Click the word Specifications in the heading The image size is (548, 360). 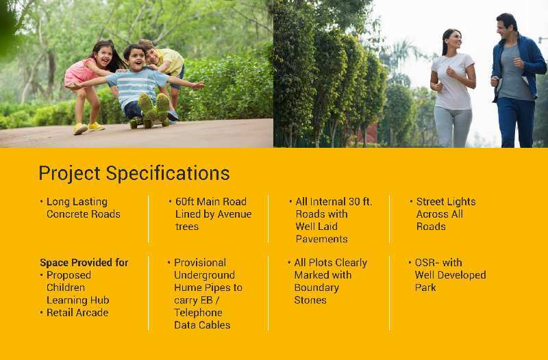pos(168,173)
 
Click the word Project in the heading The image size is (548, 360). pos(70,174)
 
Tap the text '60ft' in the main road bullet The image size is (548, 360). pos(184,201)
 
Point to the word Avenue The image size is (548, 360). pos(234,214)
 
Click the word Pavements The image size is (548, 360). pos(321,239)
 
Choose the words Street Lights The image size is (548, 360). pos(446,202)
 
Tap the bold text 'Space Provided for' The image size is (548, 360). pos(84,263)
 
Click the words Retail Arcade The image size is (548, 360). pos(77,313)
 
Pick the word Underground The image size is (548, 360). pos(204,275)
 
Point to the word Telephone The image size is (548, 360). pos(198,313)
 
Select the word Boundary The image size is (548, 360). pos(316,287)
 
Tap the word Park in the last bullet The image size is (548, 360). pos(425,287)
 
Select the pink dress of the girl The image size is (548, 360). pos(79,73)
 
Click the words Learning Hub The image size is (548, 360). pos(77,300)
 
